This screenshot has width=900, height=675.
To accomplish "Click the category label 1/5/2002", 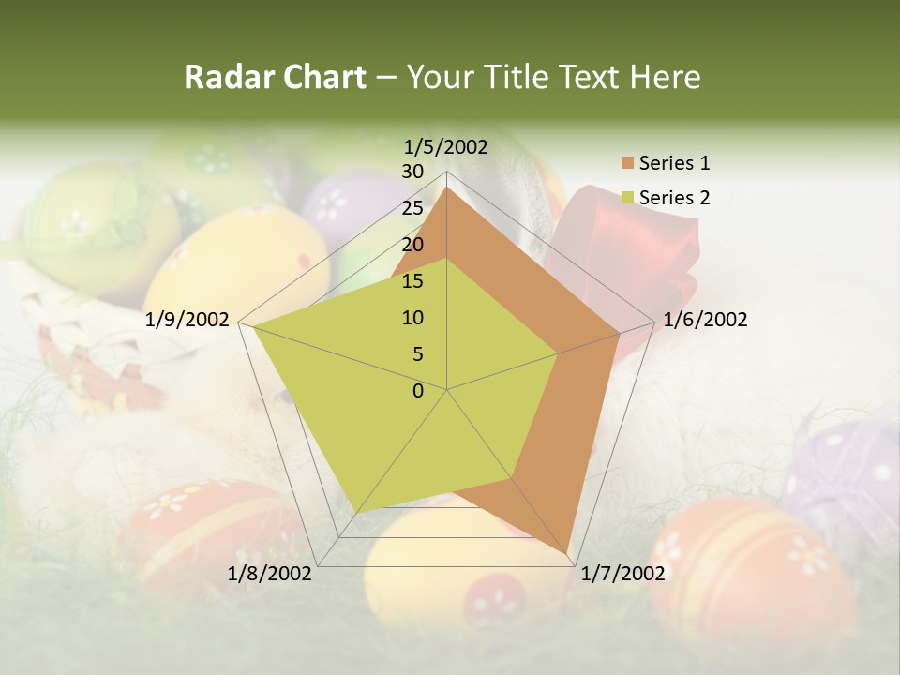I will [x=446, y=146].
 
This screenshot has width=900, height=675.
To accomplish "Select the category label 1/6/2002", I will [x=705, y=320].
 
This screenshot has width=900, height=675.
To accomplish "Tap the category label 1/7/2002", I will [x=623, y=574].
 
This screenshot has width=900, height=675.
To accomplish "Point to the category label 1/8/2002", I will [x=269, y=574].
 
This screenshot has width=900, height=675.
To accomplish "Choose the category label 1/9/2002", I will [x=187, y=320].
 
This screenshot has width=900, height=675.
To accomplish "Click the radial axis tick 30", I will [x=412, y=172].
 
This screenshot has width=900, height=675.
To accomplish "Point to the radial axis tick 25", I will [x=412, y=208].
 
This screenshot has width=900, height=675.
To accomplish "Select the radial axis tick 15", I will [x=412, y=281].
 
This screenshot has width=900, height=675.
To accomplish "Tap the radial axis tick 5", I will [x=417, y=354].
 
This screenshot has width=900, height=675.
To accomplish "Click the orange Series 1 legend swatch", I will [x=627, y=163].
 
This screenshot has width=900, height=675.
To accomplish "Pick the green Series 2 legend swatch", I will [x=627, y=198].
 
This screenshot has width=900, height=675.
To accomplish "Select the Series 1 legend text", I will [x=674, y=163].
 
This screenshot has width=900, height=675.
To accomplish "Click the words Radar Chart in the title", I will [x=275, y=78].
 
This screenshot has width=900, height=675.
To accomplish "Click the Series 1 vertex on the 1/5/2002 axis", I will [x=447, y=187].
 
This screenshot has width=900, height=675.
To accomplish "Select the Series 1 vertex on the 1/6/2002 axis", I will [x=619, y=333].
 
